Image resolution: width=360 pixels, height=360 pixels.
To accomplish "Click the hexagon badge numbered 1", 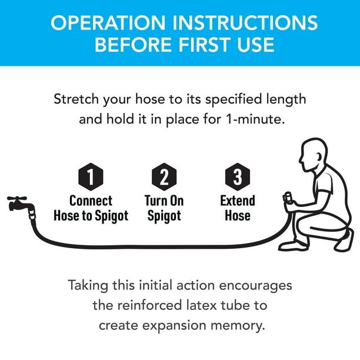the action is tap(91, 176).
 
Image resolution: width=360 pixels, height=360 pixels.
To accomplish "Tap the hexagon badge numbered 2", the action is tap(164, 176).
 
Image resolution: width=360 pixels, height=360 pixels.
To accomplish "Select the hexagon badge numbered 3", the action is tap(238, 176).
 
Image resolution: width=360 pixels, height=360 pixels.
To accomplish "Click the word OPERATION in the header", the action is tap(108, 23).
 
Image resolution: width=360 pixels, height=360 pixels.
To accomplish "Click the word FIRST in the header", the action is tap(204, 45).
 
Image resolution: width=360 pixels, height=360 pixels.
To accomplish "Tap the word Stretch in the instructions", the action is tap(76, 99).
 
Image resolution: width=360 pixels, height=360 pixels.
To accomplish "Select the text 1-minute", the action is tap(255, 119).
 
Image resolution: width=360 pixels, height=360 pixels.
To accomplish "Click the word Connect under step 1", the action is tap(91, 201).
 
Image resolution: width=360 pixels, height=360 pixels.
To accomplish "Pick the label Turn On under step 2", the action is tap(164, 201).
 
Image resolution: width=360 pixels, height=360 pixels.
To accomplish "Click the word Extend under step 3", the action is tap(238, 201).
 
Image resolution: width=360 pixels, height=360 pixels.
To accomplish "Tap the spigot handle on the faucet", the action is tap(16, 198).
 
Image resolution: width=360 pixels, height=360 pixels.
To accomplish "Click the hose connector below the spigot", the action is tap(32, 214).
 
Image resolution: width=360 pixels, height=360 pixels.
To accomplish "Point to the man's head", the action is tap(313, 155).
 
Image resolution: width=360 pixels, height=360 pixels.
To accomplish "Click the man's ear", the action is tap(319, 157).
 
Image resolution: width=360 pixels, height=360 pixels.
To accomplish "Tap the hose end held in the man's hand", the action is tap(288, 198).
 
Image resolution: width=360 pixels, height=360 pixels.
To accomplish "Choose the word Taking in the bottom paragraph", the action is tap(88, 286).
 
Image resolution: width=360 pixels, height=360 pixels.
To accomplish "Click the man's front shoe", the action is tap(293, 246).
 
